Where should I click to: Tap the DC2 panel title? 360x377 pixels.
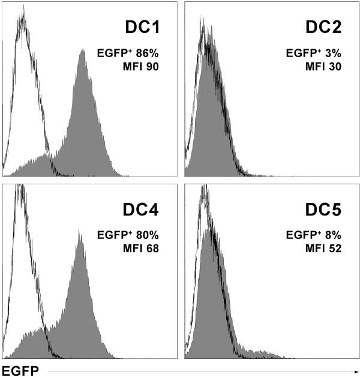tap(327, 28)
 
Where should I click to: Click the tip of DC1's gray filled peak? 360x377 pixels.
tap(83, 51)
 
